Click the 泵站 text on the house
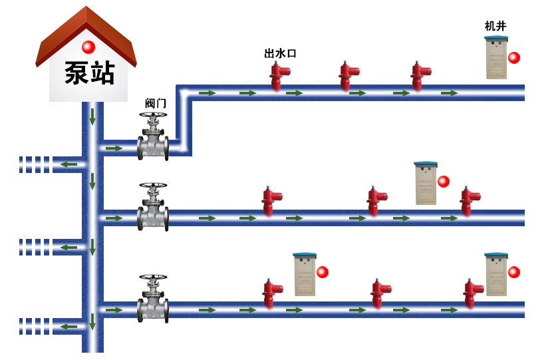click(89, 73)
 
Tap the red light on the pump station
click(88, 47)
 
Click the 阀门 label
click(156, 103)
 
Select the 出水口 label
click(279, 53)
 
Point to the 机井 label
click(495, 26)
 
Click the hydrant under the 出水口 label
click(277, 75)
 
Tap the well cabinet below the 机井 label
click(496, 58)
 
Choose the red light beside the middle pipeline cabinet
click(444, 182)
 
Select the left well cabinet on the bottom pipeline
click(305, 274)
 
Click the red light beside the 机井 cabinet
click(514, 58)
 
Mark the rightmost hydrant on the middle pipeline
click(468, 200)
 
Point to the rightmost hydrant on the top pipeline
click(419, 75)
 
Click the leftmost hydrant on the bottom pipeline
click(270, 293)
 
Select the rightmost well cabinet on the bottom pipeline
click(495, 274)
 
